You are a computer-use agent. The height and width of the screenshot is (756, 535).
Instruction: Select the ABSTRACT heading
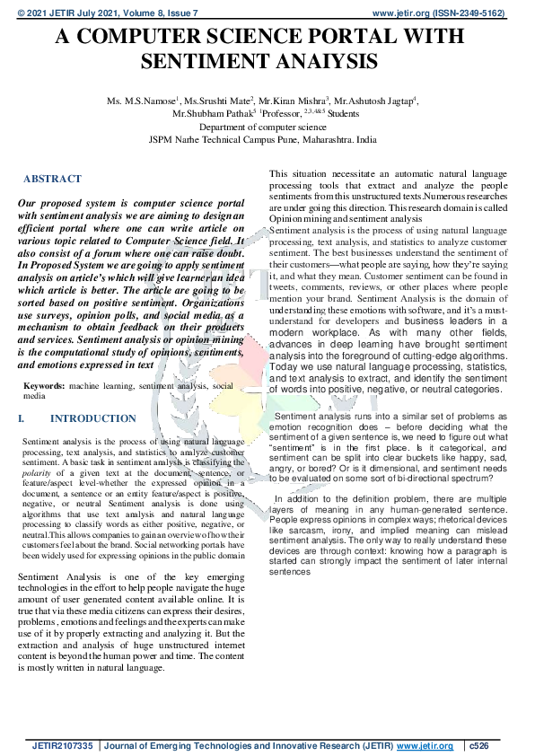click(52, 179)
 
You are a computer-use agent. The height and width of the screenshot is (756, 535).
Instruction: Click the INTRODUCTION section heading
click(93, 418)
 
